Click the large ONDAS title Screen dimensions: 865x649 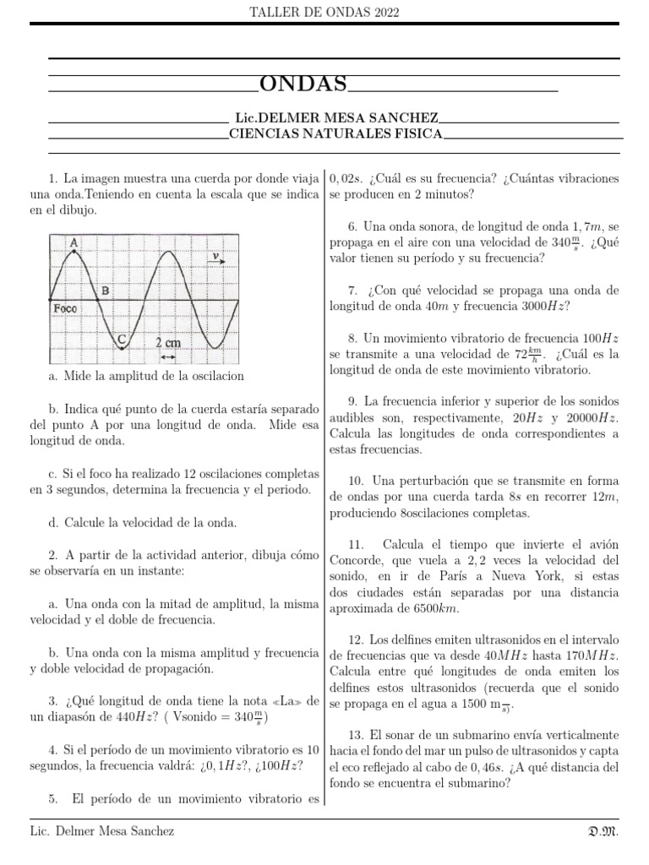click(x=303, y=84)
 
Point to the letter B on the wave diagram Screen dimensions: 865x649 click(x=105, y=291)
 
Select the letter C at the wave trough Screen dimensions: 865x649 click(x=122, y=340)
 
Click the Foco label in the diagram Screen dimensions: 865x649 click(x=65, y=308)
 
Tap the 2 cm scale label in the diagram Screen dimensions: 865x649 click(x=168, y=343)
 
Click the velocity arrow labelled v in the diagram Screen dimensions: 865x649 click(x=217, y=256)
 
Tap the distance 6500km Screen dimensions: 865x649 click(x=435, y=607)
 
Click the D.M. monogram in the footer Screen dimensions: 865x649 click(x=604, y=831)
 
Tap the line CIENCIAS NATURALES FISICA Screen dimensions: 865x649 click(x=335, y=133)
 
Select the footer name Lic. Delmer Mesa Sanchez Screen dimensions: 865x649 click(x=101, y=831)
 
